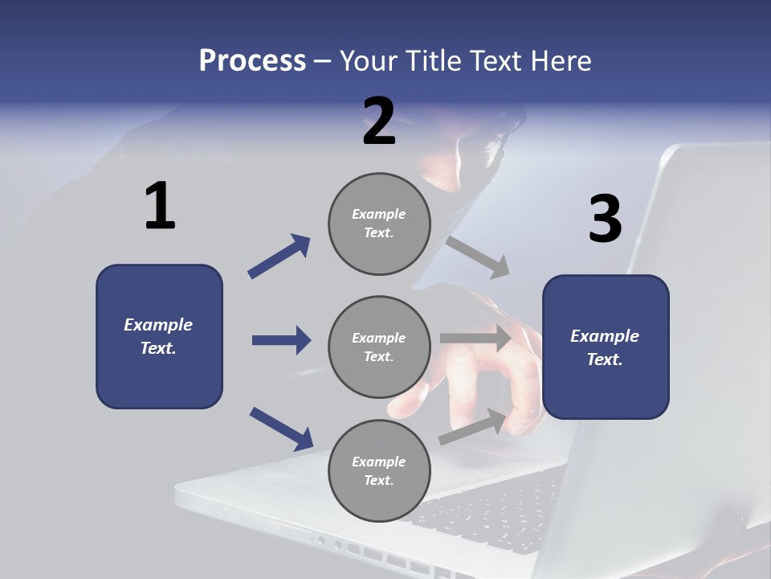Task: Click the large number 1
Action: click(x=160, y=207)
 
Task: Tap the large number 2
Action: click(x=379, y=121)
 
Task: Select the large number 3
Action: click(x=605, y=220)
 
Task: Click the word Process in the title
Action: click(x=252, y=60)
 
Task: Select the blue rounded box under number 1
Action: click(x=159, y=336)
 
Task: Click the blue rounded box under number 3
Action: click(x=606, y=347)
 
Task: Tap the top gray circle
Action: click(x=379, y=224)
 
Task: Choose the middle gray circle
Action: click(x=379, y=347)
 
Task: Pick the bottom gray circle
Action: click(x=379, y=471)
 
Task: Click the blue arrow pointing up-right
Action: click(x=279, y=256)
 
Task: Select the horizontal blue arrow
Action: click(x=281, y=340)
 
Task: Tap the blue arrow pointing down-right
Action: click(x=281, y=429)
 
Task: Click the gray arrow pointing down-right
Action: click(x=479, y=257)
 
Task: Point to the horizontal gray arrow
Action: click(x=476, y=339)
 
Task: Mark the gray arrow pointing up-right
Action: click(x=474, y=427)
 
